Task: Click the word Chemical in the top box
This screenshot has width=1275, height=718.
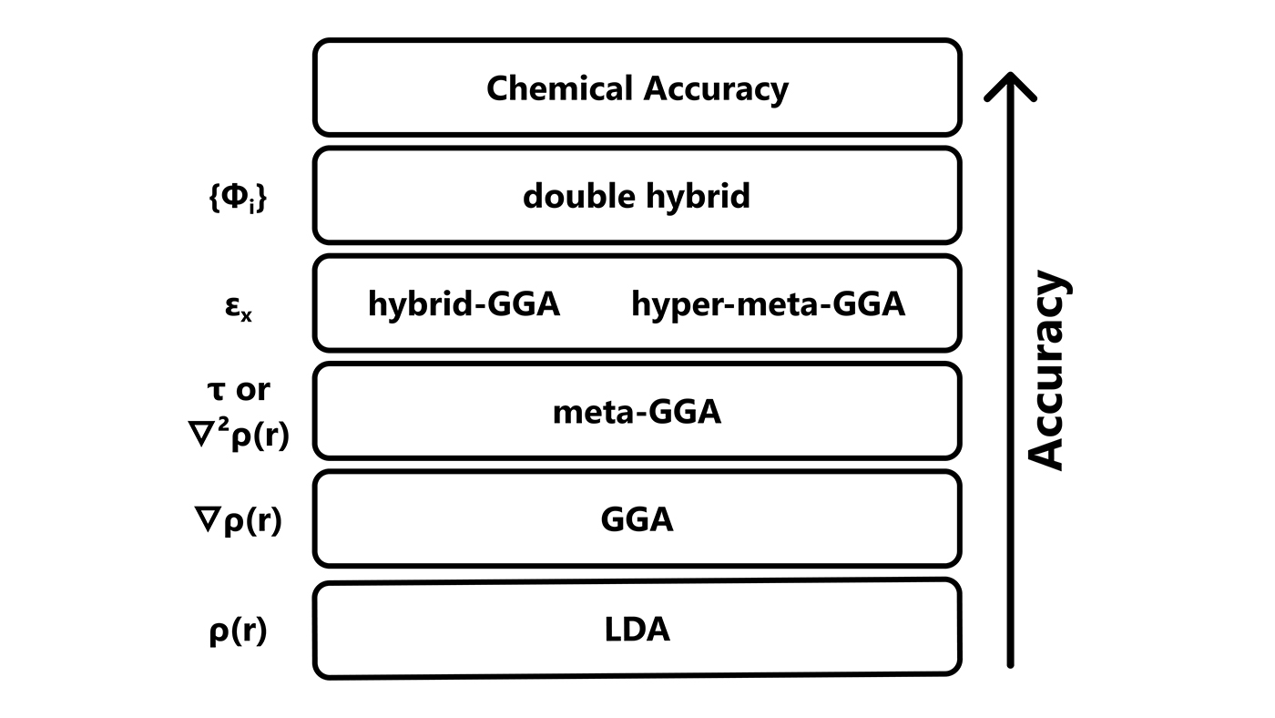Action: [x=559, y=88]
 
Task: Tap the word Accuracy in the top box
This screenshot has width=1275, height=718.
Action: [x=717, y=89]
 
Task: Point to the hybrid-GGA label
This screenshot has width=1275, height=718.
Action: [x=464, y=304]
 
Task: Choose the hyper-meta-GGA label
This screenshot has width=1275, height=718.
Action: [x=768, y=304]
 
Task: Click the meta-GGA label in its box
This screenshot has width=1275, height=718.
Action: [x=637, y=412]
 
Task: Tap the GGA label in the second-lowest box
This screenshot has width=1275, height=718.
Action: [x=637, y=519]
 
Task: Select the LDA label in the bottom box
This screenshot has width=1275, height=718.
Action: [x=637, y=629]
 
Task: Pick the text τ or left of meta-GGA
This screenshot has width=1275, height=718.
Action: [x=240, y=389]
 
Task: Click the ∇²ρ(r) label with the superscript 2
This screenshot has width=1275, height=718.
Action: [x=238, y=436]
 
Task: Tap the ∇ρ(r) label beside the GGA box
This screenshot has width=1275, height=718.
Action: [x=238, y=521]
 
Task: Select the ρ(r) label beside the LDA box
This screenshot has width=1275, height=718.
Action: [x=238, y=630]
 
